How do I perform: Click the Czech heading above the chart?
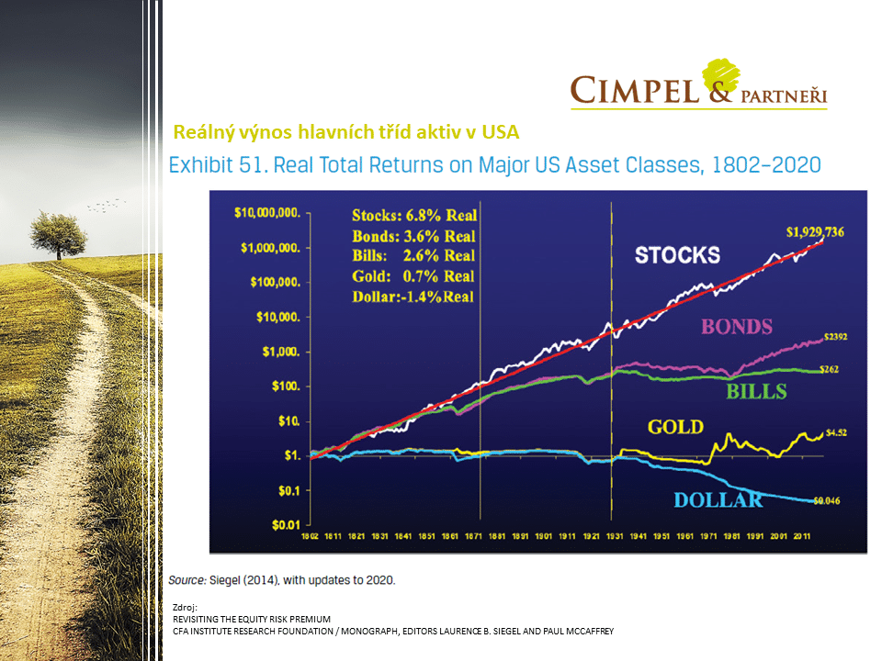click(346, 132)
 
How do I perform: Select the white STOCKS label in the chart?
click(677, 255)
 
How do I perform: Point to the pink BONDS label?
click(736, 326)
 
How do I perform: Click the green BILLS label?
click(757, 392)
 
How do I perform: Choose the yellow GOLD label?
click(675, 427)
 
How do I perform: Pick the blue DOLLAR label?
click(718, 500)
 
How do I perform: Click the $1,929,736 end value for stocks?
click(813, 231)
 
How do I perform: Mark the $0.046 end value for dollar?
click(828, 500)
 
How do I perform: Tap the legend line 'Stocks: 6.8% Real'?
click(413, 216)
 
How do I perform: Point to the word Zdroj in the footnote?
click(186, 608)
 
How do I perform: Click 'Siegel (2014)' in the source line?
click(243, 580)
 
